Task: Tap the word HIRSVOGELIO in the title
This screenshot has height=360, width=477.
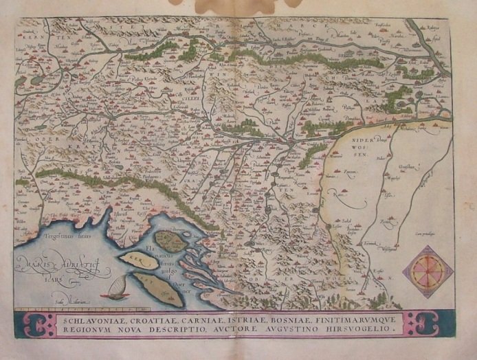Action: click(360, 329)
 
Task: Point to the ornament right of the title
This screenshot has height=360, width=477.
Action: click(421, 324)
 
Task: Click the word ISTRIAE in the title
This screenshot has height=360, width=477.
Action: click(229, 319)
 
